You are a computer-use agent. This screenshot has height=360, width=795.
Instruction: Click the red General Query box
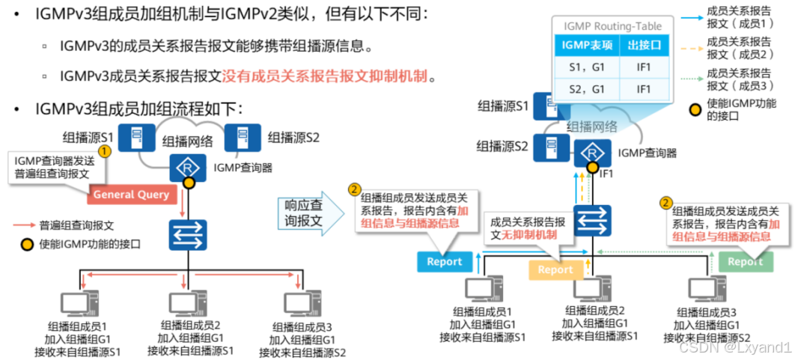[x=131, y=195]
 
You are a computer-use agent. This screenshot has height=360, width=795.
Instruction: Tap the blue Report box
[x=445, y=261]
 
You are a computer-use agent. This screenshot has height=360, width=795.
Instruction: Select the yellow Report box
[x=555, y=270]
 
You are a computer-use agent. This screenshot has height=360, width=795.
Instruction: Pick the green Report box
[x=745, y=261]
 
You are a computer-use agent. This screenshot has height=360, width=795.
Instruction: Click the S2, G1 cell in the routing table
[x=586, y=89]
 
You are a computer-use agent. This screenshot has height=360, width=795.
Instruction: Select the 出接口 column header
[x=644, y=46]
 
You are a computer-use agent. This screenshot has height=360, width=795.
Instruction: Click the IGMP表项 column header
[x=586, y=46]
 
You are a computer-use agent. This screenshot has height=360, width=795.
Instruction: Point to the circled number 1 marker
[x=105, y=150]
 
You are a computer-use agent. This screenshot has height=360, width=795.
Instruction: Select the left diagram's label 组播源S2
[x=293, y=138]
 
